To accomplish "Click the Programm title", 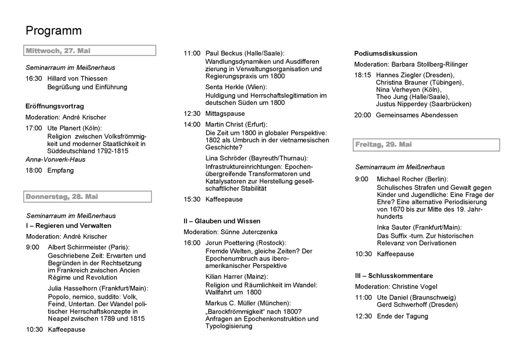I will coord(53,31).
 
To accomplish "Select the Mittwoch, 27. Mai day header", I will coord(58,51).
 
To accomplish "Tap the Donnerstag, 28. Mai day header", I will coord(62,197).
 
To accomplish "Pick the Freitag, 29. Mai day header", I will coord(383,145).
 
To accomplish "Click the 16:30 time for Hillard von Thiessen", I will coord(34,78).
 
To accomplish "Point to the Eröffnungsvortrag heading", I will coord(55,106).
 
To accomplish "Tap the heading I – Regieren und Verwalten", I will coord(68,226).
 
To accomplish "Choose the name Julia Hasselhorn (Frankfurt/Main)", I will coord(98,289).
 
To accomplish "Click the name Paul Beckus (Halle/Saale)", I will coord(245,53).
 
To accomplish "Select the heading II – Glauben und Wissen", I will coord(222,221).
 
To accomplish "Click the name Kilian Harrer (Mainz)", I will coord(237,276).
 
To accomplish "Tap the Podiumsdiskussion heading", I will coord(386,53).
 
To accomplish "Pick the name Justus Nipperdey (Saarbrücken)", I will coord(423,104).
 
